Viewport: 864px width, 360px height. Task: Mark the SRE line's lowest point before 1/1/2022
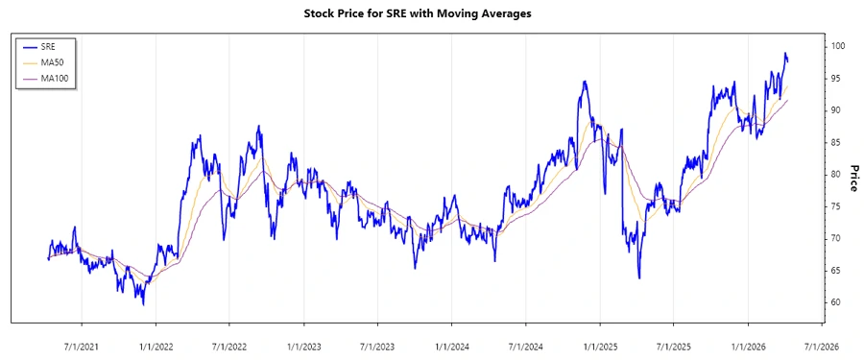tap(144, 304)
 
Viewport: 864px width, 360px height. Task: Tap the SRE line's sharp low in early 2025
tap(639, 278)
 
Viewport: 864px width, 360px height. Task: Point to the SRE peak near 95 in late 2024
tap(583, 82)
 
